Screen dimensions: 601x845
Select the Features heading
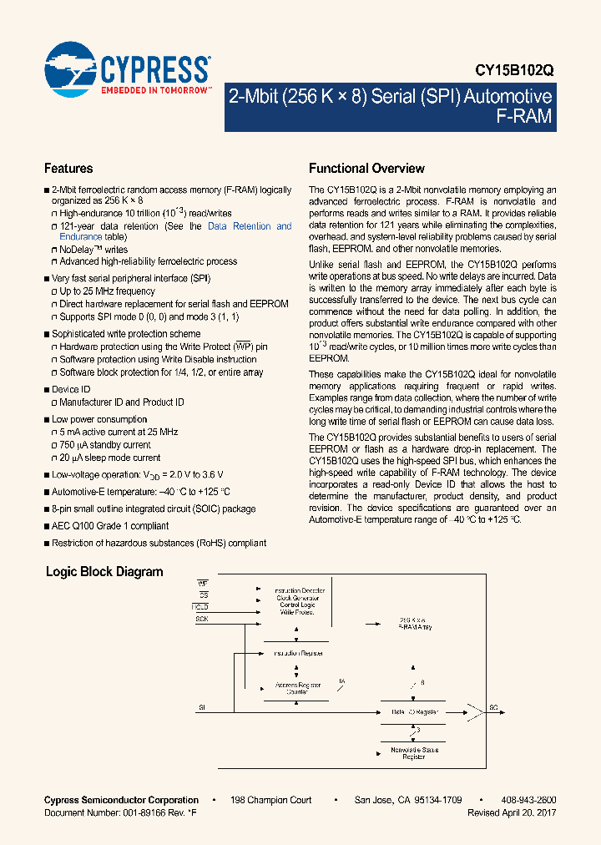click(68, 169)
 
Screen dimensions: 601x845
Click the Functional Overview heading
click(366, 169)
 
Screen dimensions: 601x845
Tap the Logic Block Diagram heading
click(104, 572)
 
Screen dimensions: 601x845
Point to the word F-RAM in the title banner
click(524, 116)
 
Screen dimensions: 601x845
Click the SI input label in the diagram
click(202, 707)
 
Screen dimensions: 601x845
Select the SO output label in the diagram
click(494, 707)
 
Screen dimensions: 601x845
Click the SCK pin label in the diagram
click(202, 619)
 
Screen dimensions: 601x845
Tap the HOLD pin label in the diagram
click(200, 605)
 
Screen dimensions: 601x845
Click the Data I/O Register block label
click(415, 712)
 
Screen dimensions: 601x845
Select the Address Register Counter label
click(297, 689)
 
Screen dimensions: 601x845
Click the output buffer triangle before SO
click(475, 711)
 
